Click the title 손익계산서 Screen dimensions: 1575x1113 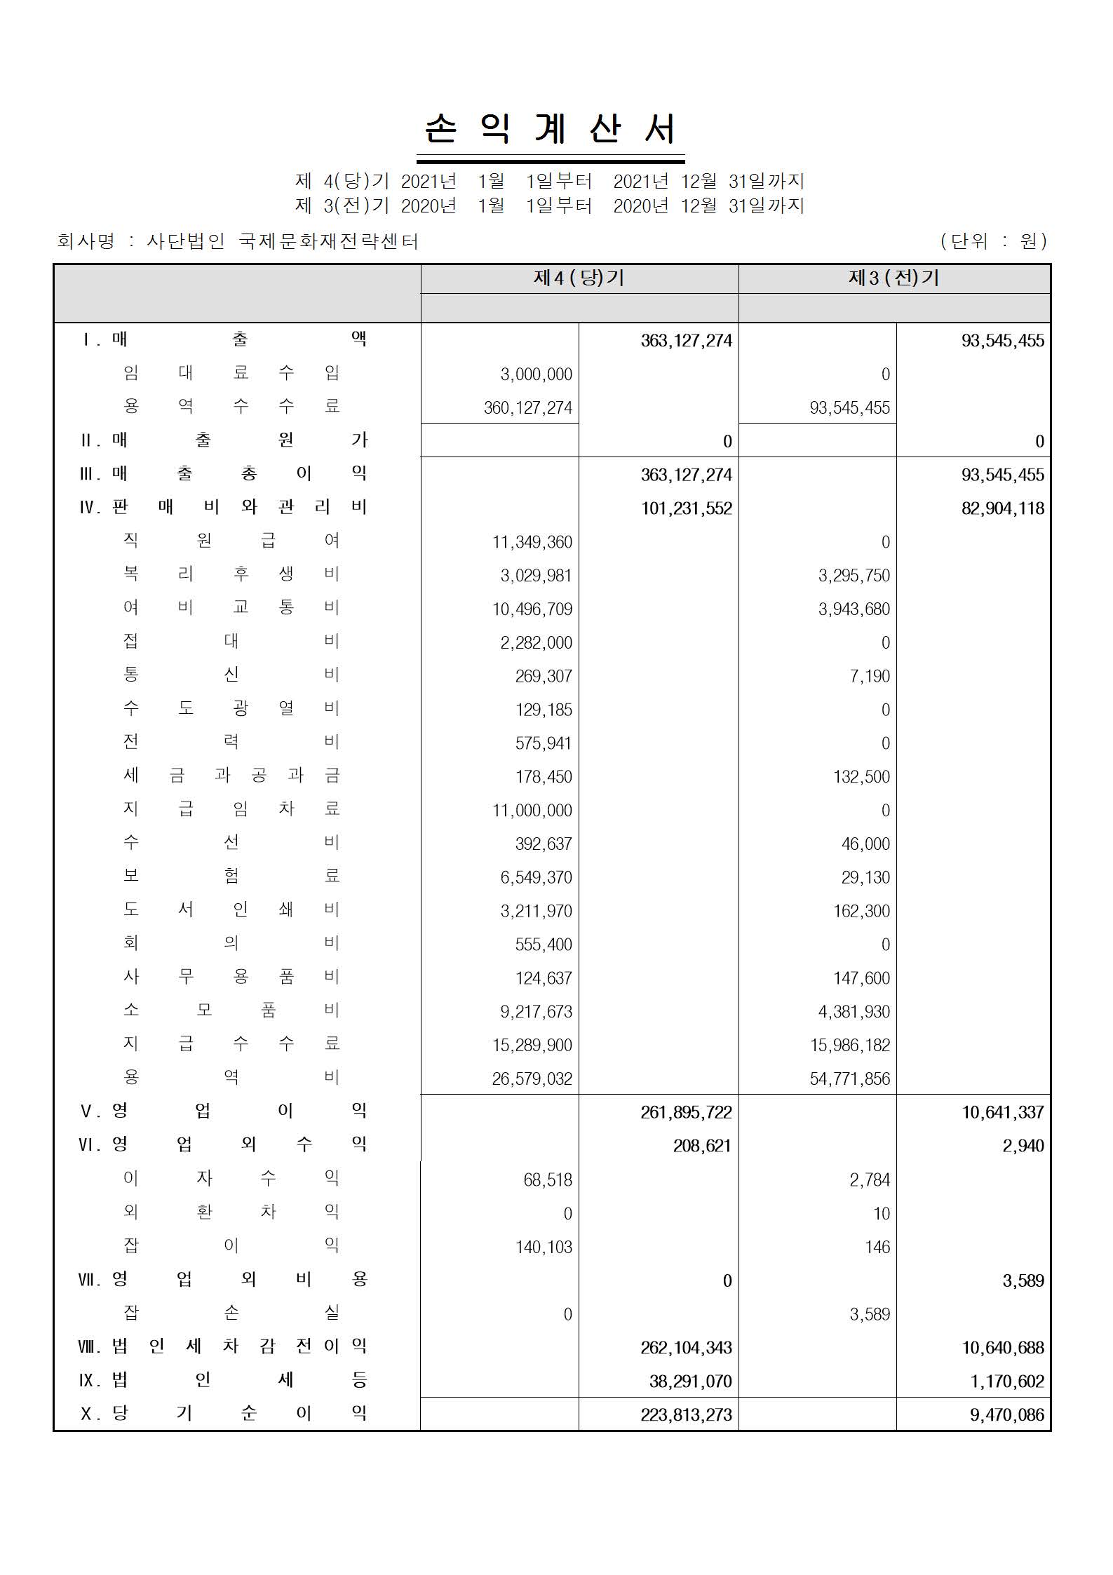551,130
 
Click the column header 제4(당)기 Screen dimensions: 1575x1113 579,278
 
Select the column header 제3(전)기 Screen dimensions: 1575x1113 893,278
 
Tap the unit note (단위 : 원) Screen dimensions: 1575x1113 994,241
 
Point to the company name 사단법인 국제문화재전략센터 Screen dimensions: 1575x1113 282,241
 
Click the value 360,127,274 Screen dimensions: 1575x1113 528,408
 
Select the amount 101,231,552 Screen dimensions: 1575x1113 686,508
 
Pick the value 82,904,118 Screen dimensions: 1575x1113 1002,508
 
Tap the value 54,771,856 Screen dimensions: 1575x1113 849,1079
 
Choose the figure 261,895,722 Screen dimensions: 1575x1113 686,1112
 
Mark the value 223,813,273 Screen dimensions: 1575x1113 686,1415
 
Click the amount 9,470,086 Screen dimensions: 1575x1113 1006,1415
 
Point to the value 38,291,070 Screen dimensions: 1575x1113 690,1381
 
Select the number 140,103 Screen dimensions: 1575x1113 544,1247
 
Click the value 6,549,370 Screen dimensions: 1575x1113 536,877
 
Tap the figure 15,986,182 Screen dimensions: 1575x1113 849,1045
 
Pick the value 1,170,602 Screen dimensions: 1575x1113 1006,1381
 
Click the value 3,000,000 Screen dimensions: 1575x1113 536,374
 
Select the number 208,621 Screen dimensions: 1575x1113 701,1146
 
